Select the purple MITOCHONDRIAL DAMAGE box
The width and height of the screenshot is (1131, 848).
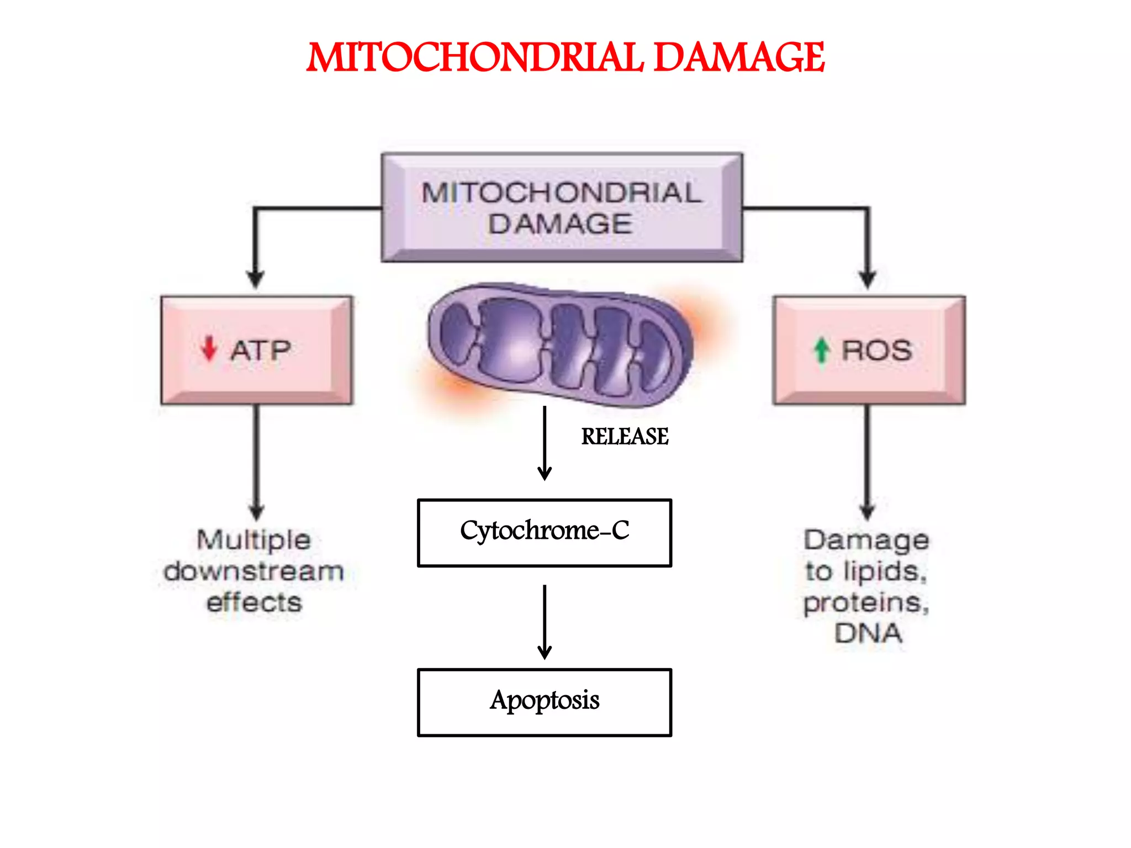562,208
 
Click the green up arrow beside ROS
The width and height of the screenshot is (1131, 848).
822,350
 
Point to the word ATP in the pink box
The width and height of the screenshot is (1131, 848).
261,350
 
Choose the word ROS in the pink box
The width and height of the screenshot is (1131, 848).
876,350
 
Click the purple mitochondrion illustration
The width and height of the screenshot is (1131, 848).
561,345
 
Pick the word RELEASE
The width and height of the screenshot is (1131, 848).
625,437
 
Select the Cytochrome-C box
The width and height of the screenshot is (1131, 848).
545,533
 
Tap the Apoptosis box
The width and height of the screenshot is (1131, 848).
545,702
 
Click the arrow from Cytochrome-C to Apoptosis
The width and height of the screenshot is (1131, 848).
545,622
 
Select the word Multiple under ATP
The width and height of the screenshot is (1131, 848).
253,539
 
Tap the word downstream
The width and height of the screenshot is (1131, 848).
253,571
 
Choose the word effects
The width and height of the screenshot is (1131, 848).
254,602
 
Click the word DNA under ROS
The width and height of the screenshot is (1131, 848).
868,633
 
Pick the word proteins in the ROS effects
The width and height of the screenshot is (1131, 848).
865,602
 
